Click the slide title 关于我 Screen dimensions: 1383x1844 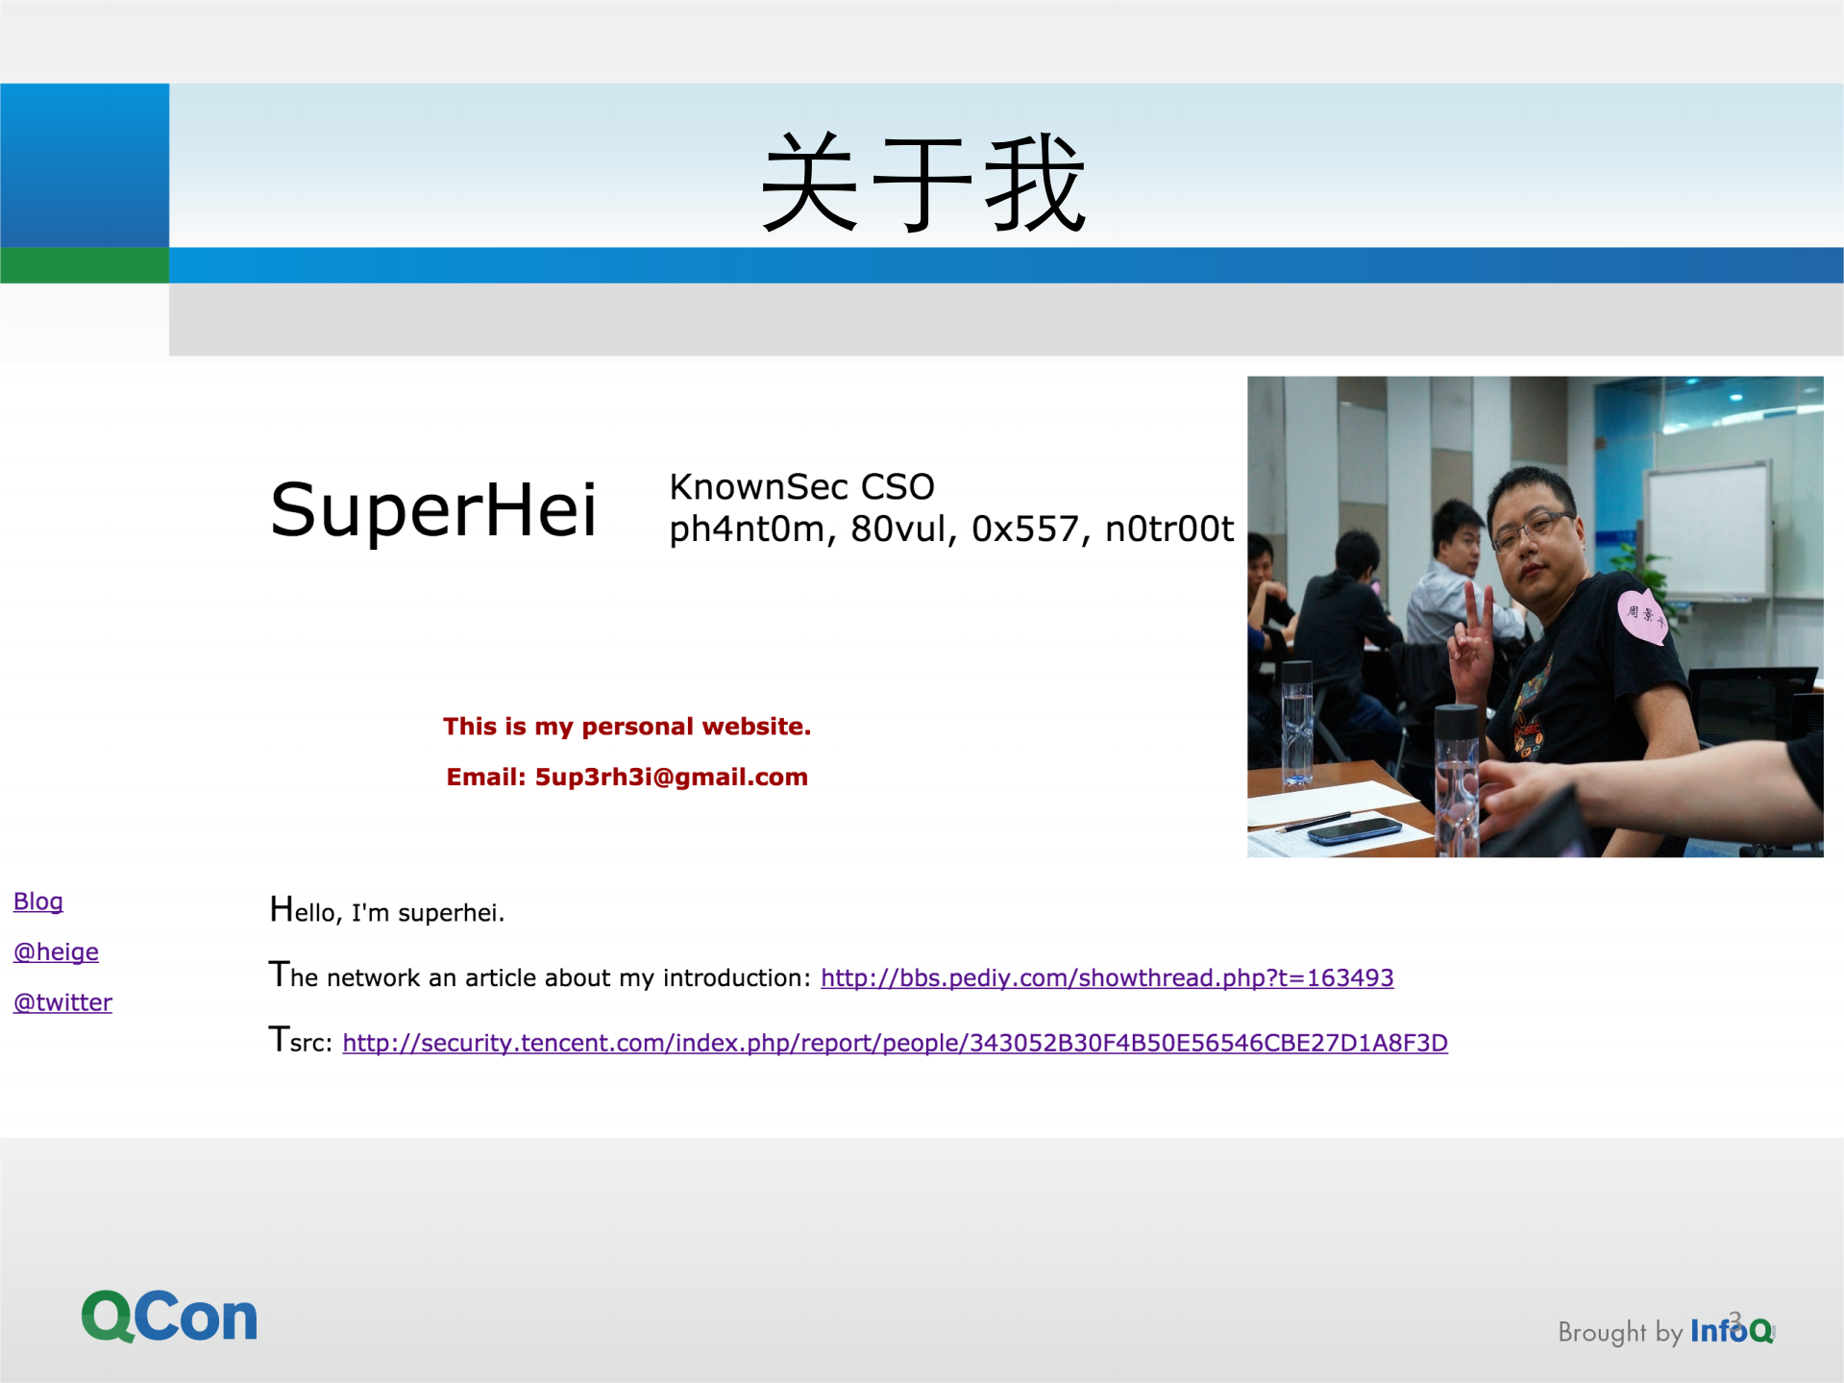[922, 183]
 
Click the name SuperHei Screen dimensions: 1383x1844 [433, 509]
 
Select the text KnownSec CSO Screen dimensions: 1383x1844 [801, 487]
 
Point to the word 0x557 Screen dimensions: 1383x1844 [1025, 530]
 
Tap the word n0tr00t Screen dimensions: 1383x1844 [1168, 530]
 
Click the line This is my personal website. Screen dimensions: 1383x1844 [627, 727]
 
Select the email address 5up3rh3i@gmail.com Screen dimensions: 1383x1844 [671, 778]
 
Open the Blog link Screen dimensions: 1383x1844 [38, 901]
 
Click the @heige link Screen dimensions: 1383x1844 [56, 952]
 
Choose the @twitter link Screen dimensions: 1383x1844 [62, 1003]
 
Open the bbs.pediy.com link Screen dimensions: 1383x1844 [1107, 978]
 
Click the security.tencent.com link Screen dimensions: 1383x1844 [895, 1044]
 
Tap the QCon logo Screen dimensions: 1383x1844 [169, 1316]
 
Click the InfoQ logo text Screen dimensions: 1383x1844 [1731, 1331]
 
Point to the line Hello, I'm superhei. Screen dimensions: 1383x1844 [387, 911]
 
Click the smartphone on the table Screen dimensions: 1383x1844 [1354, 829]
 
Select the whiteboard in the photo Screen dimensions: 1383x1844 [1708, 530]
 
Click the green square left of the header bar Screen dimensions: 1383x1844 [85, 265]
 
